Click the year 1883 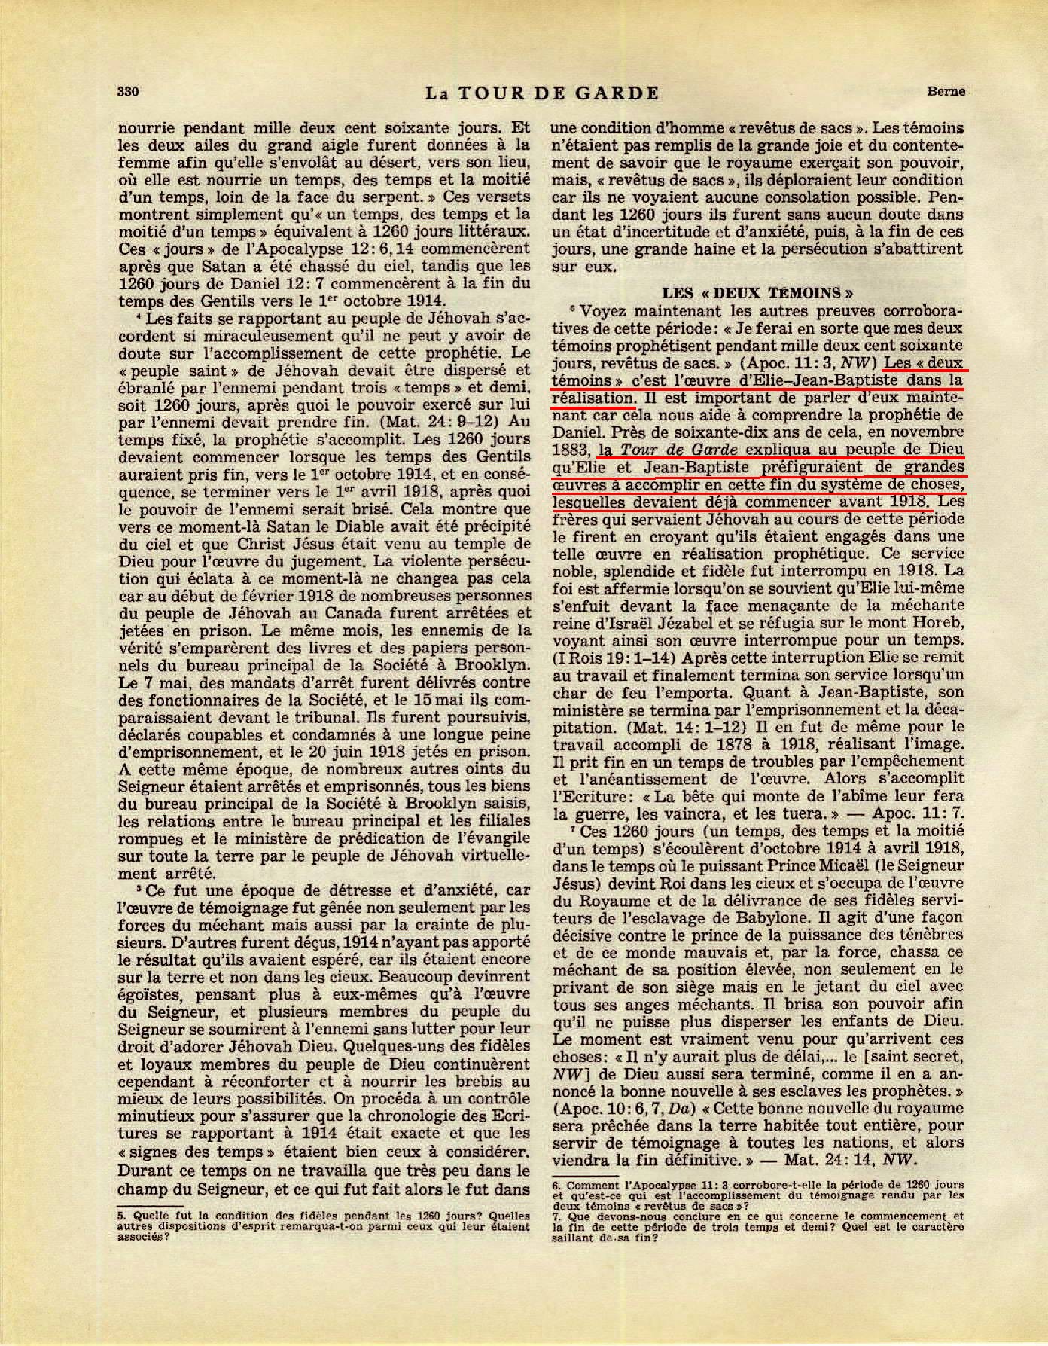click(x=569, y=450)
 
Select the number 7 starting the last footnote click(x=556, y=1237)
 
